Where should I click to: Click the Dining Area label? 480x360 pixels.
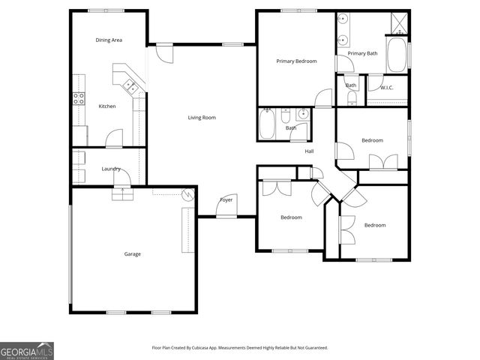coord(109,40)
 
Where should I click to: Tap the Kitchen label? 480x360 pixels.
coord(107,106)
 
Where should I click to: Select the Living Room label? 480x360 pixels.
coord(202,118)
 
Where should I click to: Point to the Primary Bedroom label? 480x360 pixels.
coord(296,61)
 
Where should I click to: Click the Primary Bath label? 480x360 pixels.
coord(362,53)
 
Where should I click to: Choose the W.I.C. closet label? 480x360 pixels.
coord(387,88)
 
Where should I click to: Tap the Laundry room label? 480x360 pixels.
coord(111,169)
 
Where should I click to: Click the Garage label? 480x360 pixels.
coord(132,254)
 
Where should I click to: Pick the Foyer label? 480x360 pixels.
coord(226,200)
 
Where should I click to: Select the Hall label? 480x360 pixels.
coord(309,151)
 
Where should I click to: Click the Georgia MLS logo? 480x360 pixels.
coord(27,350)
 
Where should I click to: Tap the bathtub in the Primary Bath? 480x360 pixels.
coord(397,55)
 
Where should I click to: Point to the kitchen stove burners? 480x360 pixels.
coord(78,98)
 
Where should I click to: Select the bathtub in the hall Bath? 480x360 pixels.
coord(267,124)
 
